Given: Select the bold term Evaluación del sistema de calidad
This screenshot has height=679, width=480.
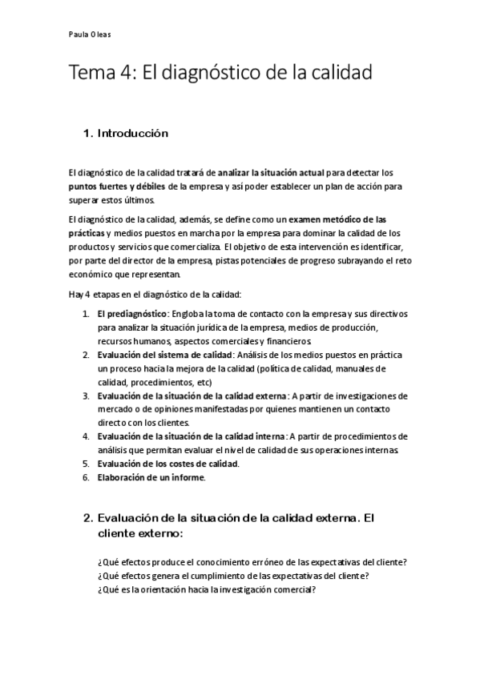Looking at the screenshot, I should (x=164, y=354).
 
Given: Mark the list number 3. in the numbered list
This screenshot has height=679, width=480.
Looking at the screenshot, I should (x=86, y=396).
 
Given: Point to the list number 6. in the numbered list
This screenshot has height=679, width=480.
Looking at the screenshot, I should (x=86, y=477).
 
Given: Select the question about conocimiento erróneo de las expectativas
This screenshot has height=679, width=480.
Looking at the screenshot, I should (x=251, y=560).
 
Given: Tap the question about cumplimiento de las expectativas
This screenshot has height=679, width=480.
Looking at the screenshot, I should (x=238, y=575).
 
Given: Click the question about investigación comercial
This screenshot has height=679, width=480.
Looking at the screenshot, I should (x=206, y=589).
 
